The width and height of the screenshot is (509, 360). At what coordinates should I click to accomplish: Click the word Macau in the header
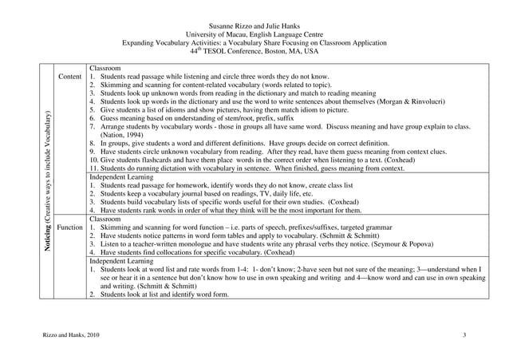point(239,34)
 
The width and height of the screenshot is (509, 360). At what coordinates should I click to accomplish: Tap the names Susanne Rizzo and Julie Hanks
point(254,26)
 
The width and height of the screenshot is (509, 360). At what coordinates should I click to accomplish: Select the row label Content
point(69,77)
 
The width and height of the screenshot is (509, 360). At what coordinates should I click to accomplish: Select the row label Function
point(70,227)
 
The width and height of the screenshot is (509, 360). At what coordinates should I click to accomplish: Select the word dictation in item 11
point(173,168)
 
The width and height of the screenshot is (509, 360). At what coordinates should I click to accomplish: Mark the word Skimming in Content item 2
point(114,85)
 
